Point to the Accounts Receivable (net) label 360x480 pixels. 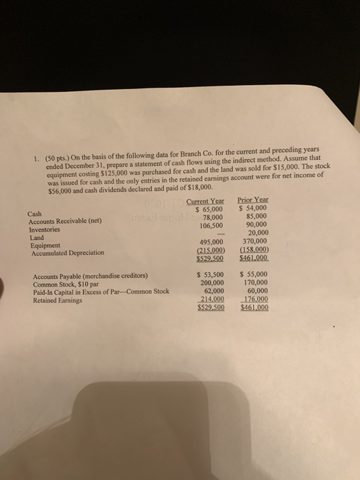click(x=61, y=221)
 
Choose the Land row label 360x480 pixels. click(x=36, y=237)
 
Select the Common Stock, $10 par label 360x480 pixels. click(x=67, y=284)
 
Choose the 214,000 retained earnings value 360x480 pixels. click(x=211, y=300)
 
